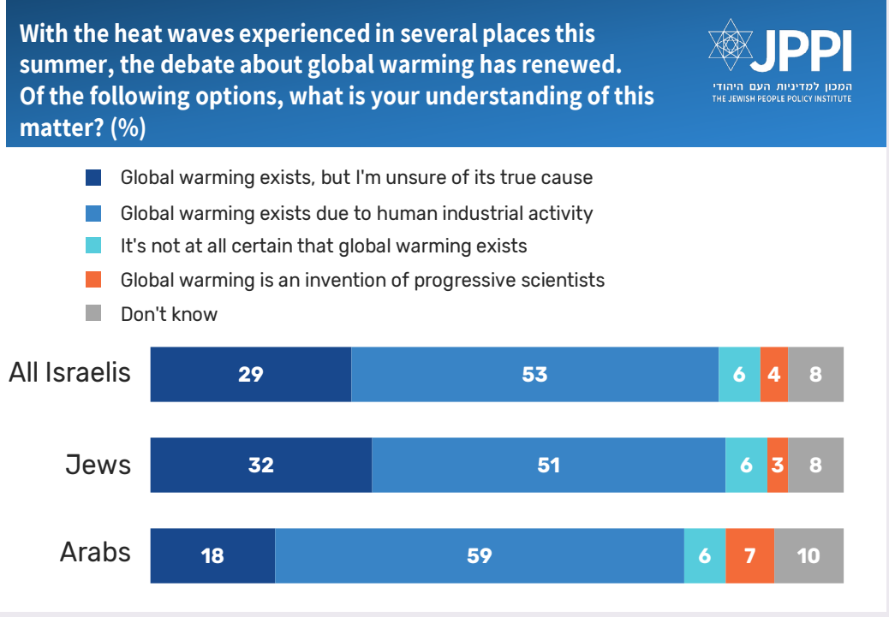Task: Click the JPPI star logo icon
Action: [x=731, y=44]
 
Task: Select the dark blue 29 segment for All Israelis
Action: [x=251, y=375]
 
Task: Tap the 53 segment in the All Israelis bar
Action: [x=535, y=375]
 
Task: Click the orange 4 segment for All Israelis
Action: [x=774, y=375]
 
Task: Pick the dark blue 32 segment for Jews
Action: [x=261, y=466]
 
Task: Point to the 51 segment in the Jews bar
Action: [x=549, y=466]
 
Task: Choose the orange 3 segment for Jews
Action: [x=778, y=466]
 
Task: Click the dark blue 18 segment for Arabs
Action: [x=212, y=555]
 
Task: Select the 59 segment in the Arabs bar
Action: [x=480, y=555]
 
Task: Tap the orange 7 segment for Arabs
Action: [x=750, y=555]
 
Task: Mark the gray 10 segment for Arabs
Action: [x=809, y=555]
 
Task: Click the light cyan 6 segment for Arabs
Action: [x=705, y=555]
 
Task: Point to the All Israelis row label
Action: [x=69, y=373]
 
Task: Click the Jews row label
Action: [x=98, y=465]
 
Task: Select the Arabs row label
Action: [x=95, y=552]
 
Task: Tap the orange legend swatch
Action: [x=93, y=279]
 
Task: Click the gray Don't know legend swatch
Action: [x=93, y=312]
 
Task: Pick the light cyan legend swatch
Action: [x=93, y=246]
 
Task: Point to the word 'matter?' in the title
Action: [x=62, y=128]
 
